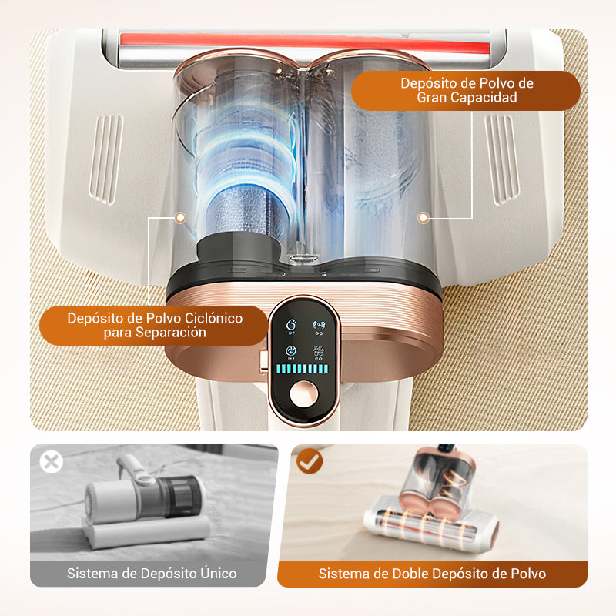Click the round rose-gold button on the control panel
point(303,393)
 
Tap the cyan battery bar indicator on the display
point(302,369)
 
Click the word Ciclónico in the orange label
point(213,318)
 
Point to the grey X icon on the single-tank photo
point(52,461)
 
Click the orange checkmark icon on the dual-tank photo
point(310,460)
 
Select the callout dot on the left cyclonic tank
point(180,218)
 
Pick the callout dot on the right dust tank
point(423,217)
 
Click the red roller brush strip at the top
point(305,43)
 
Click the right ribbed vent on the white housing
point(502,159)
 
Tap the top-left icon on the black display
point(291,326)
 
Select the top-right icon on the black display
point(319,327)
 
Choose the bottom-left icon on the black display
point(291,353)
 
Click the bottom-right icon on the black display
point(318,353)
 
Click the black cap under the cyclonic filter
point(239,246)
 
